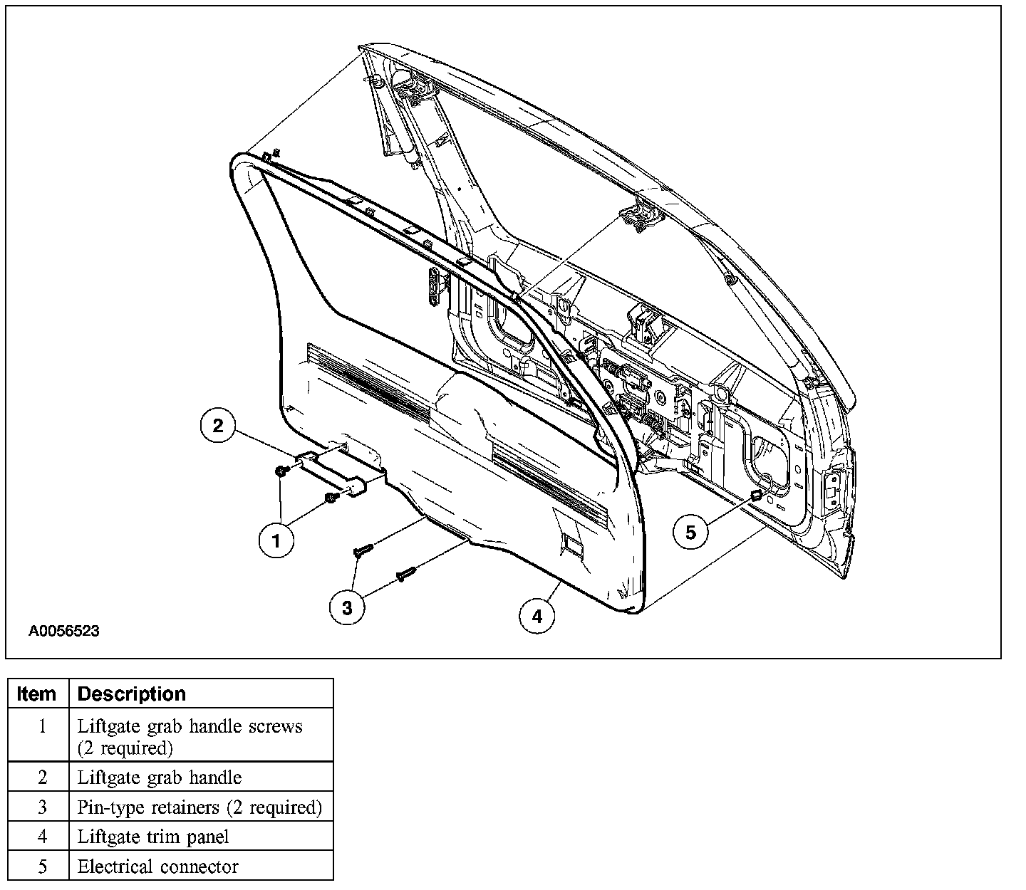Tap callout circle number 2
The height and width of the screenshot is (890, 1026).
pyautogui.click(x=218, y=426)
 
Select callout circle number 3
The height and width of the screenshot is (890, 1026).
pyautogui.click(x=347, y=607)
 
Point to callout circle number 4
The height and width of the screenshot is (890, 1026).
pyautogui.click(x=537, y=616)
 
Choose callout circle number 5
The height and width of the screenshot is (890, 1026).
pyautogui.click(x=690, y=530)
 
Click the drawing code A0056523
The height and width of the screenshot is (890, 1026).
pyautogui.click(x=64, y=631)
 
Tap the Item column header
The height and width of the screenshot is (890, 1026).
pyautogui.click(x=36, y=693)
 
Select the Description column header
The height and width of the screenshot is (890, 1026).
pyautogui.click(x=131, y=693)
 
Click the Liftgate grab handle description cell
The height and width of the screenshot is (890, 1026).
pyautogui.click(x=160, y=778)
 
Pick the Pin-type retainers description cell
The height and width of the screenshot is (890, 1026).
pyautogui.click(x=199, y=807)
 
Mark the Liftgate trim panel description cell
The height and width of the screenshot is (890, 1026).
pyautogui.click(x=153, y=837)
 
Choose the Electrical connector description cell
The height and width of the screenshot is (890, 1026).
pyautogui.click(x=157, y=867)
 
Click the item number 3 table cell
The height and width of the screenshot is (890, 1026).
pyautogui.click(x=42, y=807)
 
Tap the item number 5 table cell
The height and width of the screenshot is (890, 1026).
pyautogui.click(x=42, y=867)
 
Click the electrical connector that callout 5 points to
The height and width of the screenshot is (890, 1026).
pyautogui.click(x=756, y=495)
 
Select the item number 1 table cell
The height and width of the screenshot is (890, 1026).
pyautogui.click(x=42, y=726)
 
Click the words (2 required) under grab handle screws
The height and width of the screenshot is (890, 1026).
pyautogui.click(x=125, y=748)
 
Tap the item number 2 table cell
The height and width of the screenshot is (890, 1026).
pyautogui.click(x=42, y=778)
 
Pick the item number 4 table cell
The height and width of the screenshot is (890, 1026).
pyautogui.click(x=42, y=837)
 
